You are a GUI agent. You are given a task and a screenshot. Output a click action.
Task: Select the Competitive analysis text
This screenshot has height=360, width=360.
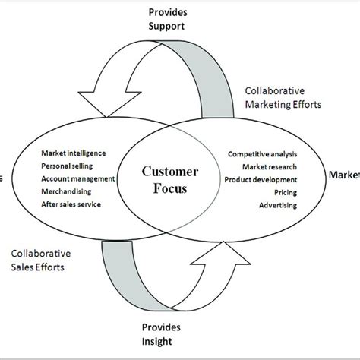262,154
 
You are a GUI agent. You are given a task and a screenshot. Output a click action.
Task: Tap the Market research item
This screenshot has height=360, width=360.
269,166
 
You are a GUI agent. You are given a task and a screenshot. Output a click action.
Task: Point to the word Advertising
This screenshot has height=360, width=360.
278,205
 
